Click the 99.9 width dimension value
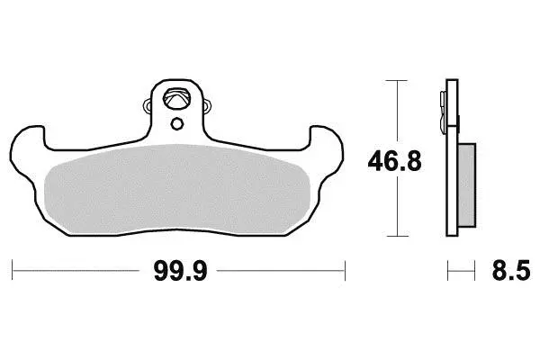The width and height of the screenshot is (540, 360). (x=181, y=271)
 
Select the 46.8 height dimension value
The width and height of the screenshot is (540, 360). (x=395, y=161)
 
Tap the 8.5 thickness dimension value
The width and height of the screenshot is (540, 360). (x=511, y=271)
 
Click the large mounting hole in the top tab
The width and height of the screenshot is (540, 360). (x=176, y=98)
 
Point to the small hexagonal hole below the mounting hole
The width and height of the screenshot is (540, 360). (x=176, y=123)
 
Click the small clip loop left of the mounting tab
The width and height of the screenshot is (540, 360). (x=148, y=106)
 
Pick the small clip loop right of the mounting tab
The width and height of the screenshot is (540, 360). (x=207, y=106)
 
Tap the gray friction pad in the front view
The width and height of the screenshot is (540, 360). (x=177, y=189)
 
